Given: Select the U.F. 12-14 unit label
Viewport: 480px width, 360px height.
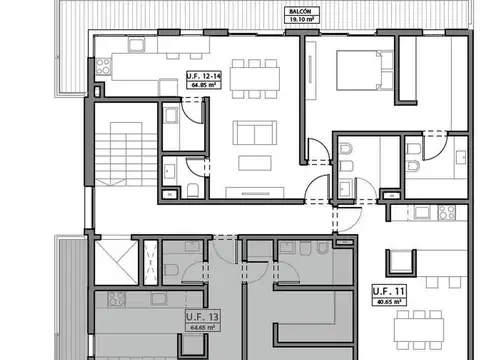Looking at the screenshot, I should coord(206,76).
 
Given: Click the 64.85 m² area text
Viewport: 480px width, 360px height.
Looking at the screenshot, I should coord(206,85).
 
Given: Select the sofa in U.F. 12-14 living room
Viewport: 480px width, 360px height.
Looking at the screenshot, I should coord(255,135).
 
